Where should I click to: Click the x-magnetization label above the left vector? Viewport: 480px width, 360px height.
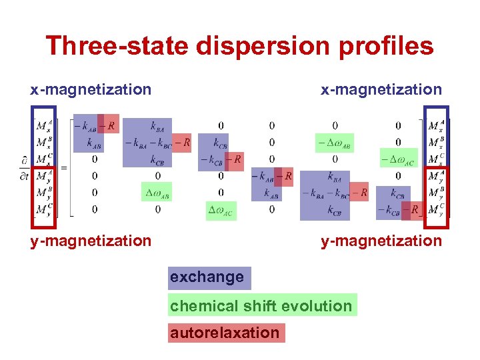click(91, 89)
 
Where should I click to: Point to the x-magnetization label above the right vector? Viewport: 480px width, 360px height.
click(381, 89)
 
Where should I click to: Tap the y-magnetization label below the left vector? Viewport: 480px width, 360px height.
click(91, 241)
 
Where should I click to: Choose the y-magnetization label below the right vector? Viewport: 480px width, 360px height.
click(381, 241)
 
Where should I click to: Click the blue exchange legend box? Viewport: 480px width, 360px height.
click(209, 277)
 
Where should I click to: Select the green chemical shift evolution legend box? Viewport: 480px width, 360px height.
click(262, 305)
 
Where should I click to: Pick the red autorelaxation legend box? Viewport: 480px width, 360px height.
click(226, 333)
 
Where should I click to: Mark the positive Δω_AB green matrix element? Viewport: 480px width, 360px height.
click(157, 193)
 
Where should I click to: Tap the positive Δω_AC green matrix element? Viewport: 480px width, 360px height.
click(221, 210)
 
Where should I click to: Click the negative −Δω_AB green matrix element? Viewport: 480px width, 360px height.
click(334, 143)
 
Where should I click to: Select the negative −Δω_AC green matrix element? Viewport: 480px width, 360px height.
click(398, 159)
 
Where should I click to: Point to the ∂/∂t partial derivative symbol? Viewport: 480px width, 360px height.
click(25, 167)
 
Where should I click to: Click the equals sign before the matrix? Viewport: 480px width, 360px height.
click(64, 167)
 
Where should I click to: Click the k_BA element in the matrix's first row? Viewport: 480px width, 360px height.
click(157, 125)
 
